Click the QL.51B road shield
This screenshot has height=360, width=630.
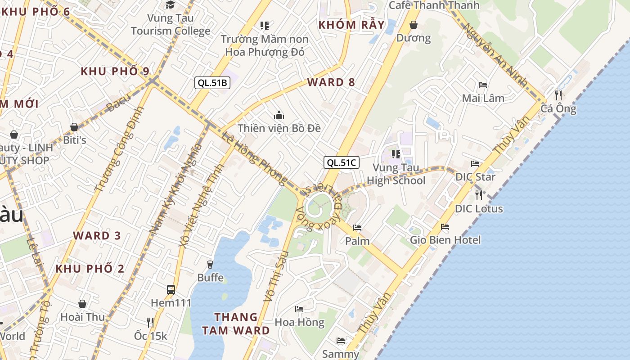tap(212, 82)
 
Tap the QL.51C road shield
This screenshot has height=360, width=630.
tap(342, 162)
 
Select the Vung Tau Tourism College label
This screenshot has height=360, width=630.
tap(171, 24)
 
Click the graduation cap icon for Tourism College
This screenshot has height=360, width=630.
tap(170, 5)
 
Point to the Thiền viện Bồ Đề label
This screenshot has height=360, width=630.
tap(279, 128)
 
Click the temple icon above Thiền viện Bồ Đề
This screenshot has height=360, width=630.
tap(279, 116)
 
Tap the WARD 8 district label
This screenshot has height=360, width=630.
tap(331, 82)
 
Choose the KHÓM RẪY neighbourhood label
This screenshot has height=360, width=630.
tap(351, 25)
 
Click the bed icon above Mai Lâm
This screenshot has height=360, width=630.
tap(483, 85)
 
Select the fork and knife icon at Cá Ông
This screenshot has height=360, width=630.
tap(558, 95)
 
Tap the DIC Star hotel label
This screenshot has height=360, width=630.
tap(475, 177)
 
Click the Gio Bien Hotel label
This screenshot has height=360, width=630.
tap(445, 240)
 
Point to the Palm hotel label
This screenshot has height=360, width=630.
tap(357, 241)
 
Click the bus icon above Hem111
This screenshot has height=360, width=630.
tap(171, 289)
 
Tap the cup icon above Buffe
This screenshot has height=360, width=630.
tap(210, 264)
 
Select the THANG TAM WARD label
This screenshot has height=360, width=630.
tap(236, 324)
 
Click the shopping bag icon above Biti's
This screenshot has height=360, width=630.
tap(74, 127)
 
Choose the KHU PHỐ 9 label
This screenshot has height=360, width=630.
tap(115, 71)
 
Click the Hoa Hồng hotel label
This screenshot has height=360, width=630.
tap(299, 322)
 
